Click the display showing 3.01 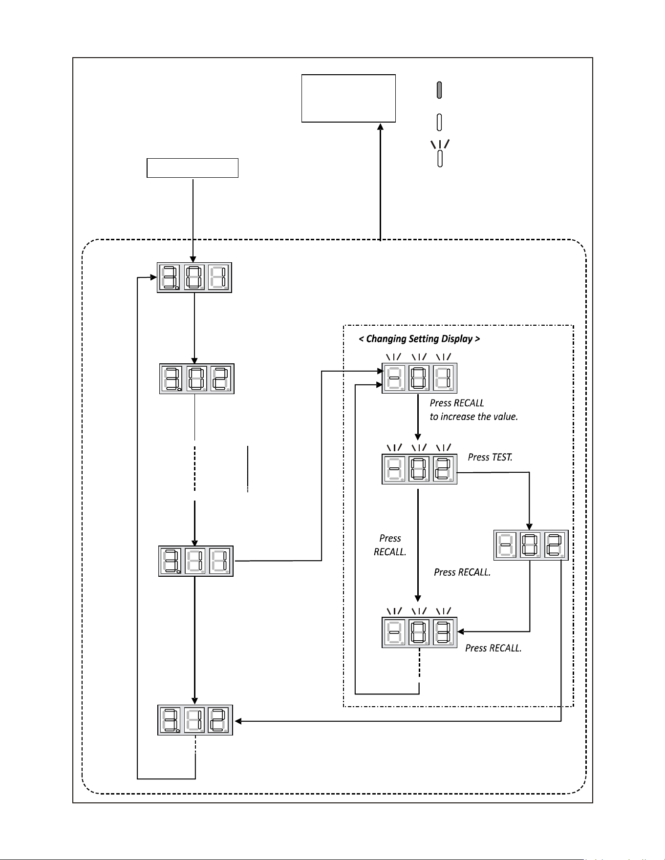[194, 277]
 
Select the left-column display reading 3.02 [197, 378]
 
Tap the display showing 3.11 [196, 561]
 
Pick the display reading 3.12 [195, 720]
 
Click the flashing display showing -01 [419, 378]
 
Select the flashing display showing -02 [419, 469]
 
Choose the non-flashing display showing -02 [531, 545]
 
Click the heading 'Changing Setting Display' [419, 339]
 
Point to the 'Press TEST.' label [490, 457]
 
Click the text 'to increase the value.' [473, 417]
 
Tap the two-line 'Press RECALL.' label [390, 545]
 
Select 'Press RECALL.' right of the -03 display [493, 648]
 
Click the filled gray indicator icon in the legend [439, 90]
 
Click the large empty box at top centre [348, 98]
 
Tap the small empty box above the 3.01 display [193, 168]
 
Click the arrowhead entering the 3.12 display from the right [238, 721]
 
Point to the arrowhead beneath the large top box [380, 126]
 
